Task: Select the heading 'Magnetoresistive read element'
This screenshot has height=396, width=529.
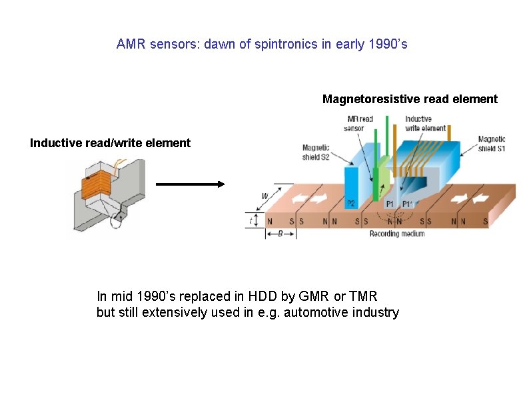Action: tap(410, 99)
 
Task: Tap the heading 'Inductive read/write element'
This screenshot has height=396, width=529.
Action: tap(110, 142)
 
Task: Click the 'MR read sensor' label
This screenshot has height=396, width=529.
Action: tap(360, 123)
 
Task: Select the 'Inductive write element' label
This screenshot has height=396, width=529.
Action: tap(424, 123)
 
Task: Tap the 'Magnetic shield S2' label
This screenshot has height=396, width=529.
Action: tap(316, 152)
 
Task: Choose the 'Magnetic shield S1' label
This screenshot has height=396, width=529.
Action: tap(492, 144)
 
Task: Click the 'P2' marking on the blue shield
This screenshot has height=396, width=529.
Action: tap(350, 203)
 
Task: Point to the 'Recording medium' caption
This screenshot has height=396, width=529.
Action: tap(397, 234)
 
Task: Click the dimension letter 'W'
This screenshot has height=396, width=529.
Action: tap(265, 196)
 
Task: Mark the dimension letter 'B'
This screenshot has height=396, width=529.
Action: tap(280, 234)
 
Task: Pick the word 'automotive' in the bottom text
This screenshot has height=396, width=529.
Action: tap(318, 312)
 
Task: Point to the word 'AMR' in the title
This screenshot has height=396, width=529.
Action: tap(130, 45)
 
